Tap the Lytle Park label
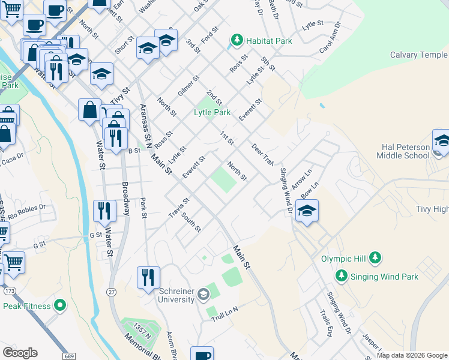click(x=212, y=112)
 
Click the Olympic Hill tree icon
click(x=375, y=258)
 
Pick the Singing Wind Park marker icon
click(x=342, y=275)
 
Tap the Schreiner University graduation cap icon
click(x=203, y=293)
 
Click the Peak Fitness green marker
click(x=59, y=305)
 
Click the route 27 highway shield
click(x=113, y=291)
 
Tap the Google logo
click(x=20, y=353)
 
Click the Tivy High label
click(x=432, y=209)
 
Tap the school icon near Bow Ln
click(x=307, y=211)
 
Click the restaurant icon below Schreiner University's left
click(x=148, y=278)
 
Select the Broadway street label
click(x=126, y=199)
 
